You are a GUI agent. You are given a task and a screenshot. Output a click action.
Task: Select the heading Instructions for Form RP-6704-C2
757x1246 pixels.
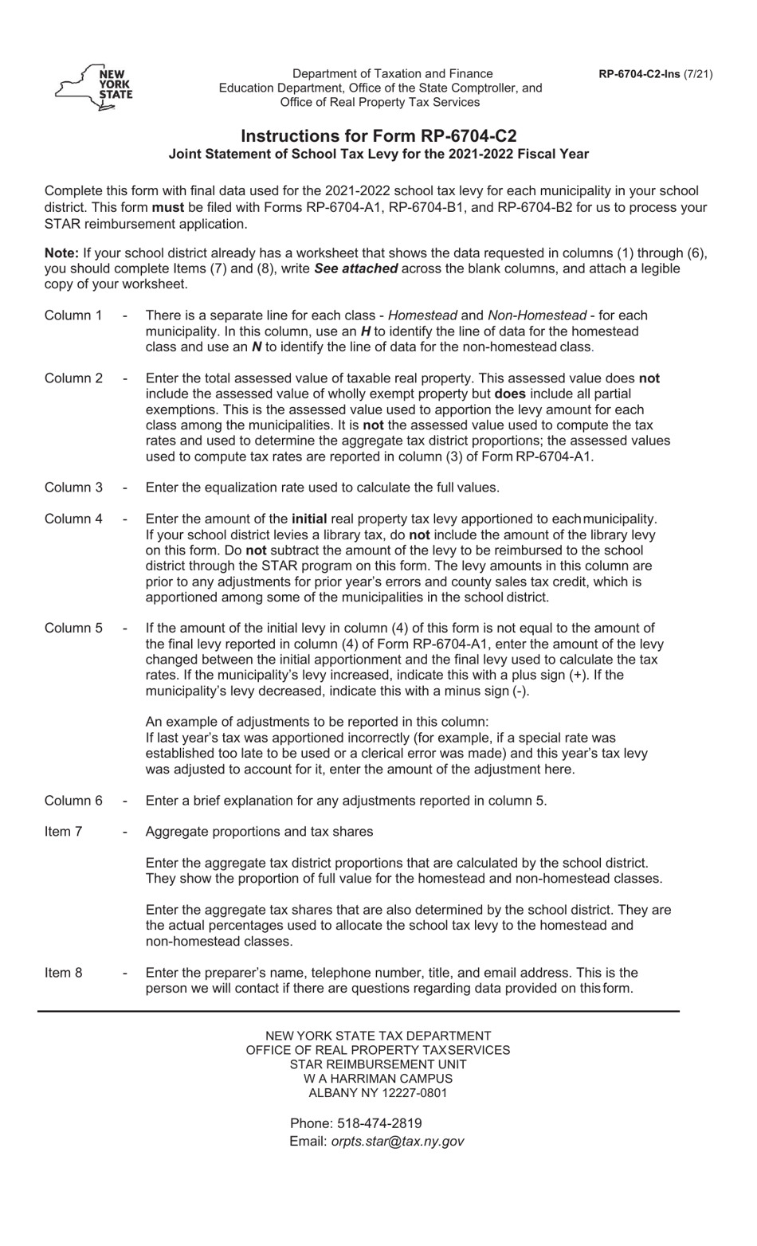point(378,136)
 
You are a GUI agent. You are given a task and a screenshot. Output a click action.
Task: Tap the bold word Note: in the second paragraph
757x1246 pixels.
point(61,253)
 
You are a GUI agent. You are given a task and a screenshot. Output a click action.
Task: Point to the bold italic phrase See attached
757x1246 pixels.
point(355,269)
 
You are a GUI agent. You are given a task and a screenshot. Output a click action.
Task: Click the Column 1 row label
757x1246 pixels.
point(73,315)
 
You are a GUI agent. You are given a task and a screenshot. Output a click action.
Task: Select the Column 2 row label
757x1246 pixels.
point(73,378)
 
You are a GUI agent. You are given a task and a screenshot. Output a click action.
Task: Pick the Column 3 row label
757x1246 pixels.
point(73,488)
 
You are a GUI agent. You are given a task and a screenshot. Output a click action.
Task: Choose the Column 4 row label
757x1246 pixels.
point(73,519)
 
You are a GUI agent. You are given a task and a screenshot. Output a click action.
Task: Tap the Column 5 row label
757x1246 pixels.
point(73,629)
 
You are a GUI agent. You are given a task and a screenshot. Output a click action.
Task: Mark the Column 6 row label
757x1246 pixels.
point(73,801)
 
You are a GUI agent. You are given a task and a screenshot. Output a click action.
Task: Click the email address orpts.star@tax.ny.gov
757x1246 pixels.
point(397,1141)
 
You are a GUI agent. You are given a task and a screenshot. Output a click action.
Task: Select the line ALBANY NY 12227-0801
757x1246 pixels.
point(378,1093)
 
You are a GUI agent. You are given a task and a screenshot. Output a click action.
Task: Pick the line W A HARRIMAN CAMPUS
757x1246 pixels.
point(378,1079)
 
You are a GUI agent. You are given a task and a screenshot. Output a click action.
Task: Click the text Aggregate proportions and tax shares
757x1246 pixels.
point(259,832)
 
